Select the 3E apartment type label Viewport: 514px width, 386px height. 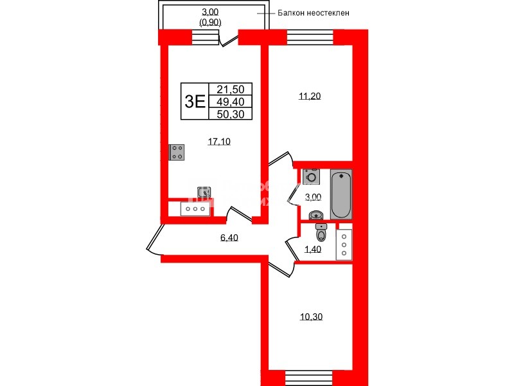(x=195, y=101)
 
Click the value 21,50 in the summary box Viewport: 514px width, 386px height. (x=230, y=90)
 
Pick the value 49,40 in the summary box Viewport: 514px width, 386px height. (x=230, y=102)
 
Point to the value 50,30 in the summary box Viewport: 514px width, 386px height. (x=230, y=114)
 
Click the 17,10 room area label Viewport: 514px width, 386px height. (x=219, y=142)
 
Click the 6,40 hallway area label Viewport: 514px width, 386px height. (x=229, y=237)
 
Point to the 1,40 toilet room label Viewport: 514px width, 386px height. (x=312, y=250)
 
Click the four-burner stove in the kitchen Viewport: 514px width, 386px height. (x=177, y=152)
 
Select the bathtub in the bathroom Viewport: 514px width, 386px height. (x=341, y=195)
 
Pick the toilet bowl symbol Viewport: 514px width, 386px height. (x=321, y=234)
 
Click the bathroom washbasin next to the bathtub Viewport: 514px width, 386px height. (x=315, y=215)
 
